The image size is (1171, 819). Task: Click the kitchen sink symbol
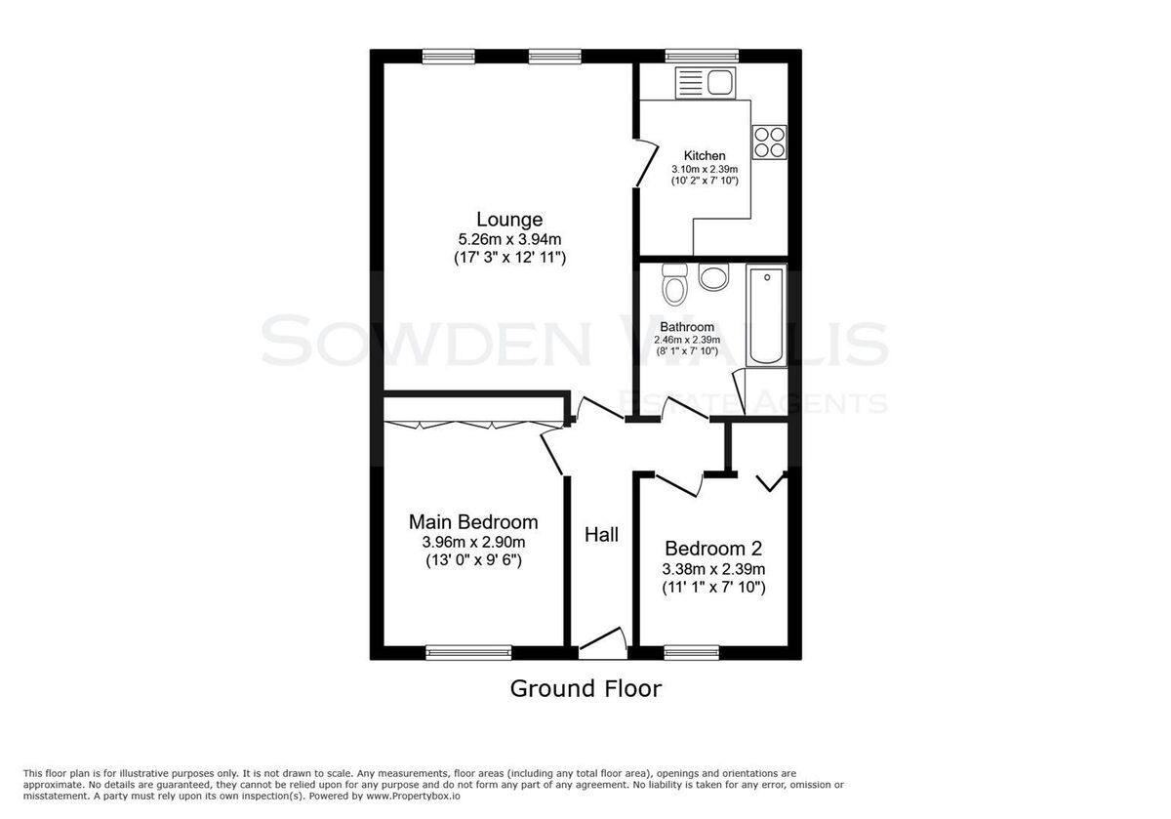(x=706, y=83)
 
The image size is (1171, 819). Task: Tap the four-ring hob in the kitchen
(x=770, y=143)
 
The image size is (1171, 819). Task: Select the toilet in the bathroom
(x=674, y=284)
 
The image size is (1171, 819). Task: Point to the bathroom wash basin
(x=713, y=277)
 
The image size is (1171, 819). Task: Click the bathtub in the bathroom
(x=766, y=315)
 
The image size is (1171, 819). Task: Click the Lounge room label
(x=509, y=219)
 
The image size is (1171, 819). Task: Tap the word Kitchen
(x=705, y=155)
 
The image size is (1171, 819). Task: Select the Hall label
(x=601, y=535)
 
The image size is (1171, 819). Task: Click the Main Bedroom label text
(x=473, y=522)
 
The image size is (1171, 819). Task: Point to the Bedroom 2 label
(x=713, y=548)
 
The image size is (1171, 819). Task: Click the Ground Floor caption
(x=585, y=688)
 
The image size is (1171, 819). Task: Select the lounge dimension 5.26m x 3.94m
(x=509, y=239)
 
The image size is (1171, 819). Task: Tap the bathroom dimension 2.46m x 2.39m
(x=687, y=340)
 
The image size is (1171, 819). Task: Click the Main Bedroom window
(x=468, y=653)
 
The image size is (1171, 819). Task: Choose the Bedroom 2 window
(x=692, y=653)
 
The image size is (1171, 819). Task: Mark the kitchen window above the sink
(x=702, y=56)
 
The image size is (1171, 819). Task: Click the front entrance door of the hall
(x=603, y=642)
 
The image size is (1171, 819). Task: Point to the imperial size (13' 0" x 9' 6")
(x=473, y=560)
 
